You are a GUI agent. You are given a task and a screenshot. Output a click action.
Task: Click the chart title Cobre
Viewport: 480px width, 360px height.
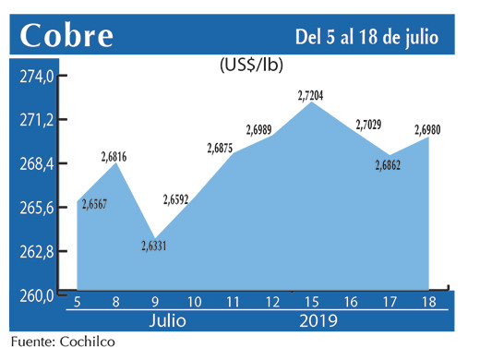coord(67,35)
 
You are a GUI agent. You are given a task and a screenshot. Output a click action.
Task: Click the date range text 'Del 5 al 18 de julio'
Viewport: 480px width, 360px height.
coord(366,36)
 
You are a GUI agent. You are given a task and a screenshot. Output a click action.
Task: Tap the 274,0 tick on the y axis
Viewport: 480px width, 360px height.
coord(40,77)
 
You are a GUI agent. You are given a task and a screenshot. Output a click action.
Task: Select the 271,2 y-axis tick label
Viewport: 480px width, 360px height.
coord(40,121)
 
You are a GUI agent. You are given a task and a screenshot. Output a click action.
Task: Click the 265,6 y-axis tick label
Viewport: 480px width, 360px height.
coord(40,208)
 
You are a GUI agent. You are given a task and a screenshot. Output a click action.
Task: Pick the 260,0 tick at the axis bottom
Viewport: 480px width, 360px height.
coord(40,295)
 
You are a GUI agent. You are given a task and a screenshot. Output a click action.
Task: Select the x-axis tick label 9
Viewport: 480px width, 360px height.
coord(154,302)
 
